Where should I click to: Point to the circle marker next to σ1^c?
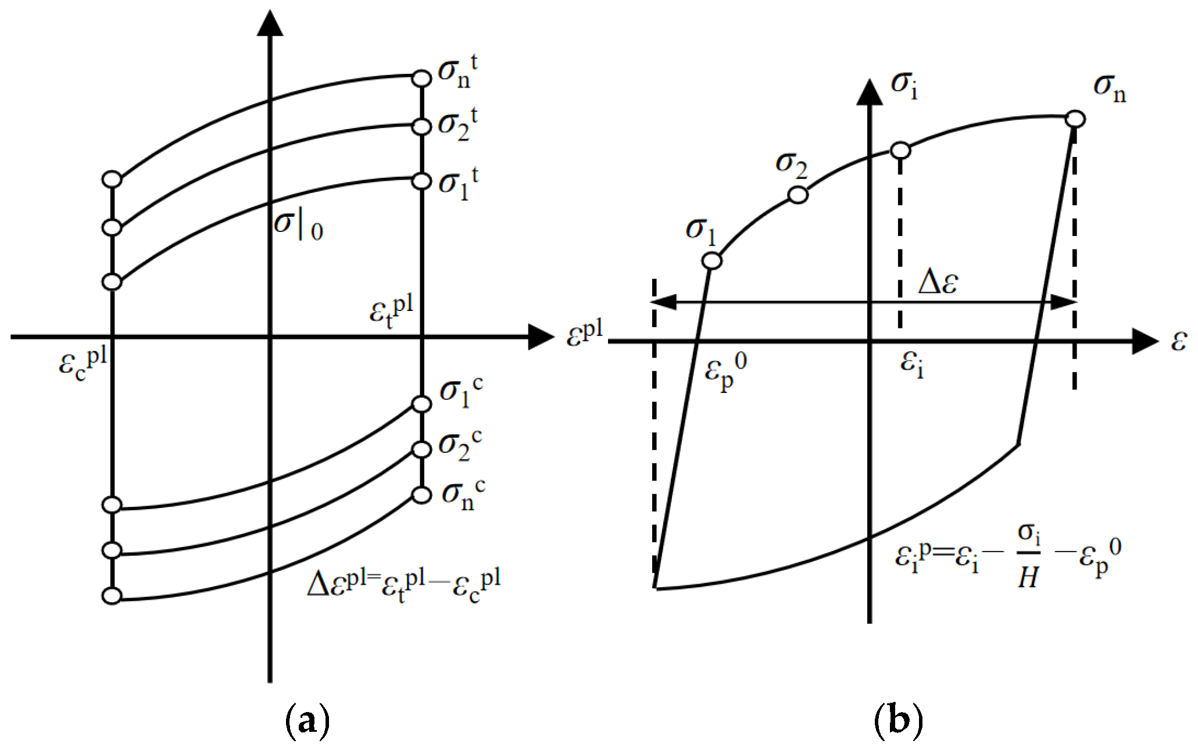coord(421,404)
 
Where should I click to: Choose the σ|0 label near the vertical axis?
coord(298,224)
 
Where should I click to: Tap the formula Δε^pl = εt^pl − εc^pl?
coord(403,585)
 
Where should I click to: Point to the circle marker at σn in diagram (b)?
coord(1075,119)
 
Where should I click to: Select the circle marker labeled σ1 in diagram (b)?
coord(712,261)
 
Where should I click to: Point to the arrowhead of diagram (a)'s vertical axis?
coord(270,23)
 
